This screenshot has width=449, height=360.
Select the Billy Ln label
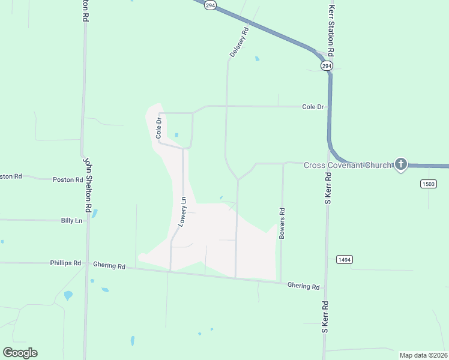click(71, 221)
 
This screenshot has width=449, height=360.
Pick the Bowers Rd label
click(282, 224)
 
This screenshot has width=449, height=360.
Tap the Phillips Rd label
click(66, 263)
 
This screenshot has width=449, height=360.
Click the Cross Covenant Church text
click(348, 165)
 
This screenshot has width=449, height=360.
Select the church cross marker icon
click(400, 164)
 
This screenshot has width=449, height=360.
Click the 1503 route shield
click(428, 184)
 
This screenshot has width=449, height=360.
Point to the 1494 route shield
click(344, 259)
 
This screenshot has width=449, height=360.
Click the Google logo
click(20, 352)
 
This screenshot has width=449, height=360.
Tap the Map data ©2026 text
click(423, 355)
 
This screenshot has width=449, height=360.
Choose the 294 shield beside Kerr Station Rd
click(326, 65)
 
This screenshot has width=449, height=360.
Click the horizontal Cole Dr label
click(313, 107)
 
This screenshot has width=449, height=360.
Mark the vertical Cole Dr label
click(159, 128)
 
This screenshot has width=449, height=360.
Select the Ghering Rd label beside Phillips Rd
click(109, 265)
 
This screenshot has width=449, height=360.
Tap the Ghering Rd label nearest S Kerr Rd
click(303, 286)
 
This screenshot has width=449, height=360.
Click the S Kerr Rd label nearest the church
click(328, 189)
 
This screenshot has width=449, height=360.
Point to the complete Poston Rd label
click(68, 179)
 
